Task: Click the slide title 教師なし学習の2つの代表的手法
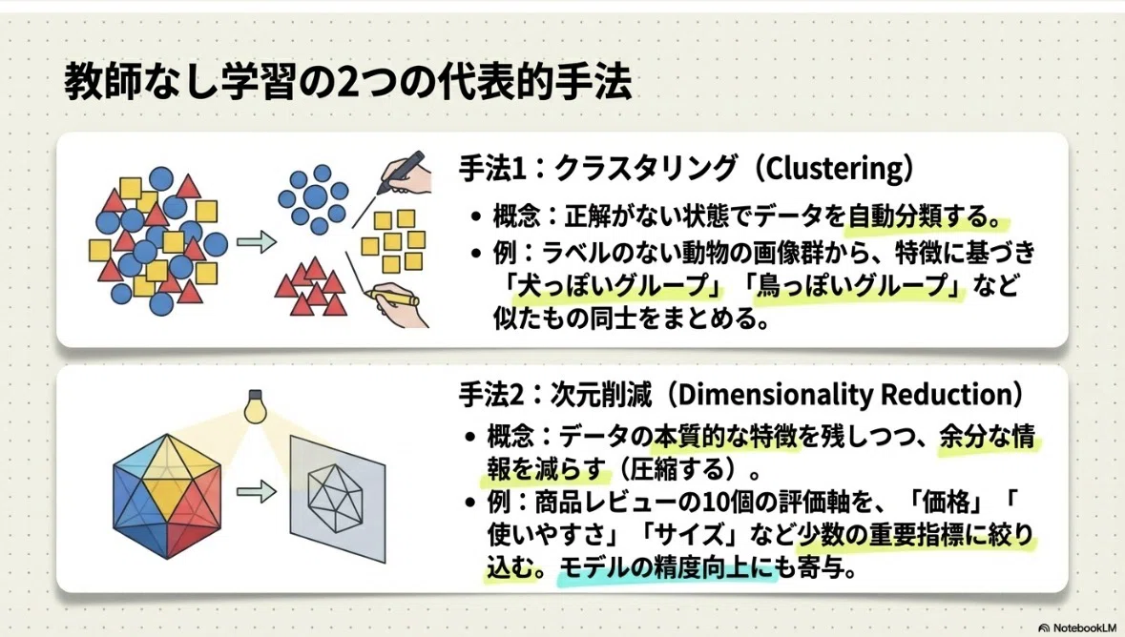click(348, 82)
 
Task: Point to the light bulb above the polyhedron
click(255, 407)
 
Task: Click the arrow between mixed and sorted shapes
click(257, 242)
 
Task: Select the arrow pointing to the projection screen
click(257, 491)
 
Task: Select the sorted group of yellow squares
click(392, 241)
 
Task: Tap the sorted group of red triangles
click(311, 287)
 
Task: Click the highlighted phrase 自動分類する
click(916, 216)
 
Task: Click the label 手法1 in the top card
click(492, 169)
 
